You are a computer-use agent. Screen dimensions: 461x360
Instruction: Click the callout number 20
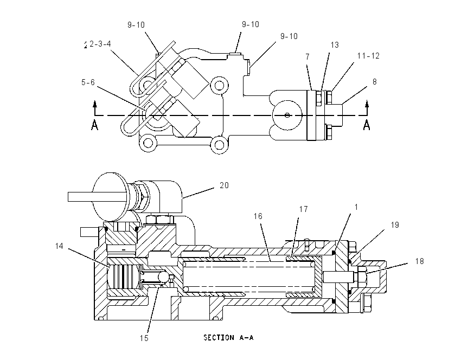click(224, 185)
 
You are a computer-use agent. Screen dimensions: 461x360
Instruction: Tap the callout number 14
click(60, 246)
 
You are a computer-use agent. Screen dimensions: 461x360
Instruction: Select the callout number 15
click(144, 338)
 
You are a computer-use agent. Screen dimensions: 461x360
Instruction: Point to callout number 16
click(258, 216)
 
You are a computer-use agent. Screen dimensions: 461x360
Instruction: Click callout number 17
click(303, 209)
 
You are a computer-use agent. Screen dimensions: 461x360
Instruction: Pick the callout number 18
click(420, 261)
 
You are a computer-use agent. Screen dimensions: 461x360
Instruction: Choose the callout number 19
click(395, 225)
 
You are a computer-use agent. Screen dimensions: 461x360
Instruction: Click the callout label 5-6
click(88, 82)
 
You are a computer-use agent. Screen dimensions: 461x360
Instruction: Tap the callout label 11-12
click(368, 56)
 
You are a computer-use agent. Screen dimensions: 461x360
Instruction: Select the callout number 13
click(335, 45)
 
